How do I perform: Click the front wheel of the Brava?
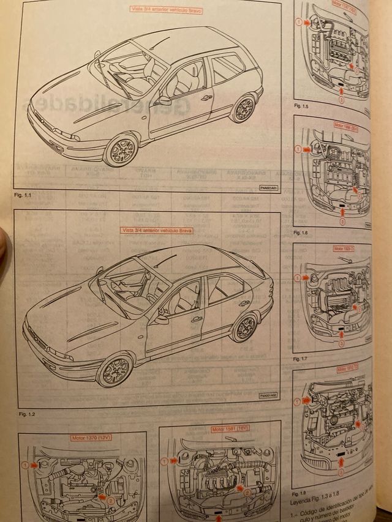click(114, 370)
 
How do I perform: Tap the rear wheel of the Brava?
click(244, 327)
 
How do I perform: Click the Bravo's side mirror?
click(164, 100)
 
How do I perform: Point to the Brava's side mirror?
click(161, 319)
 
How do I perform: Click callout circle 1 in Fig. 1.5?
click(298, 22)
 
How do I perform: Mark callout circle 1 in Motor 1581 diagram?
click(164, 461)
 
